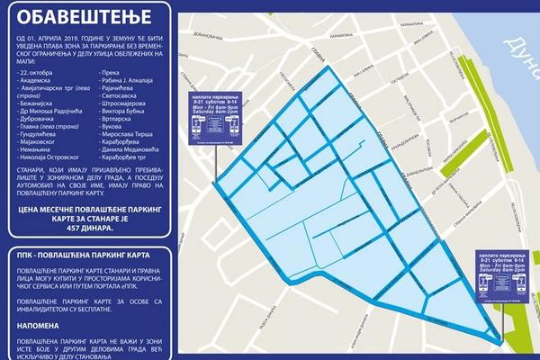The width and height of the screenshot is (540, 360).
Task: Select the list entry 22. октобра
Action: point(39,71)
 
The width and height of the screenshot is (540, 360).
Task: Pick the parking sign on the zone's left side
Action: point(215,117)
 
